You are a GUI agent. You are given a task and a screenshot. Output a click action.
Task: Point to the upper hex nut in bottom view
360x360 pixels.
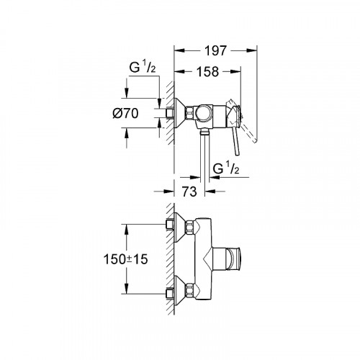(190, 229)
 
